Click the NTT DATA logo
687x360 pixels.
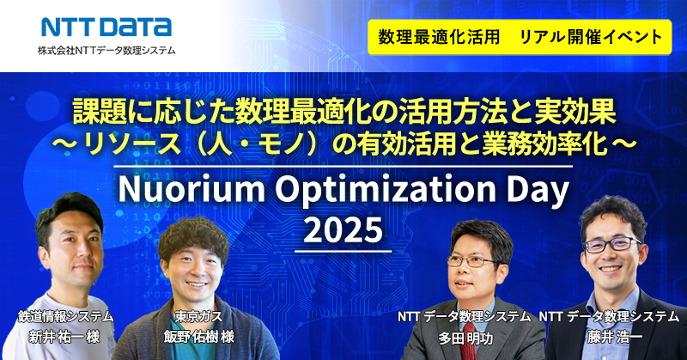pos(106,27)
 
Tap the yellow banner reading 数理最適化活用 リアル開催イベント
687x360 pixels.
pos(520,37)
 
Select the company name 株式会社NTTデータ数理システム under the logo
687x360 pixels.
pos(106,51)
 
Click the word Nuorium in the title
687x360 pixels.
pos(192,189)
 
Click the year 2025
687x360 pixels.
pos(343,229)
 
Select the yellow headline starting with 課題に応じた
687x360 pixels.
pos(344,113)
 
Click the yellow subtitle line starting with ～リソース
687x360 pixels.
pos(344,145)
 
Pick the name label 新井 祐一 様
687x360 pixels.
pos(64,337)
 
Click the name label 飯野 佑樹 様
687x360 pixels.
pos(199,337)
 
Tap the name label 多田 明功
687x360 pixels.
pos(465,338)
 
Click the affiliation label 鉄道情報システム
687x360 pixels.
pos(66,316)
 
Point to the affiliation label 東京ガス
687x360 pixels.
pos(198,316)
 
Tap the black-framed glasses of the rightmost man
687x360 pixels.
pos(612,244)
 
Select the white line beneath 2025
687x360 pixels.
pos(343,251)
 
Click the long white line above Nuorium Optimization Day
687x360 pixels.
pos(343,167)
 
